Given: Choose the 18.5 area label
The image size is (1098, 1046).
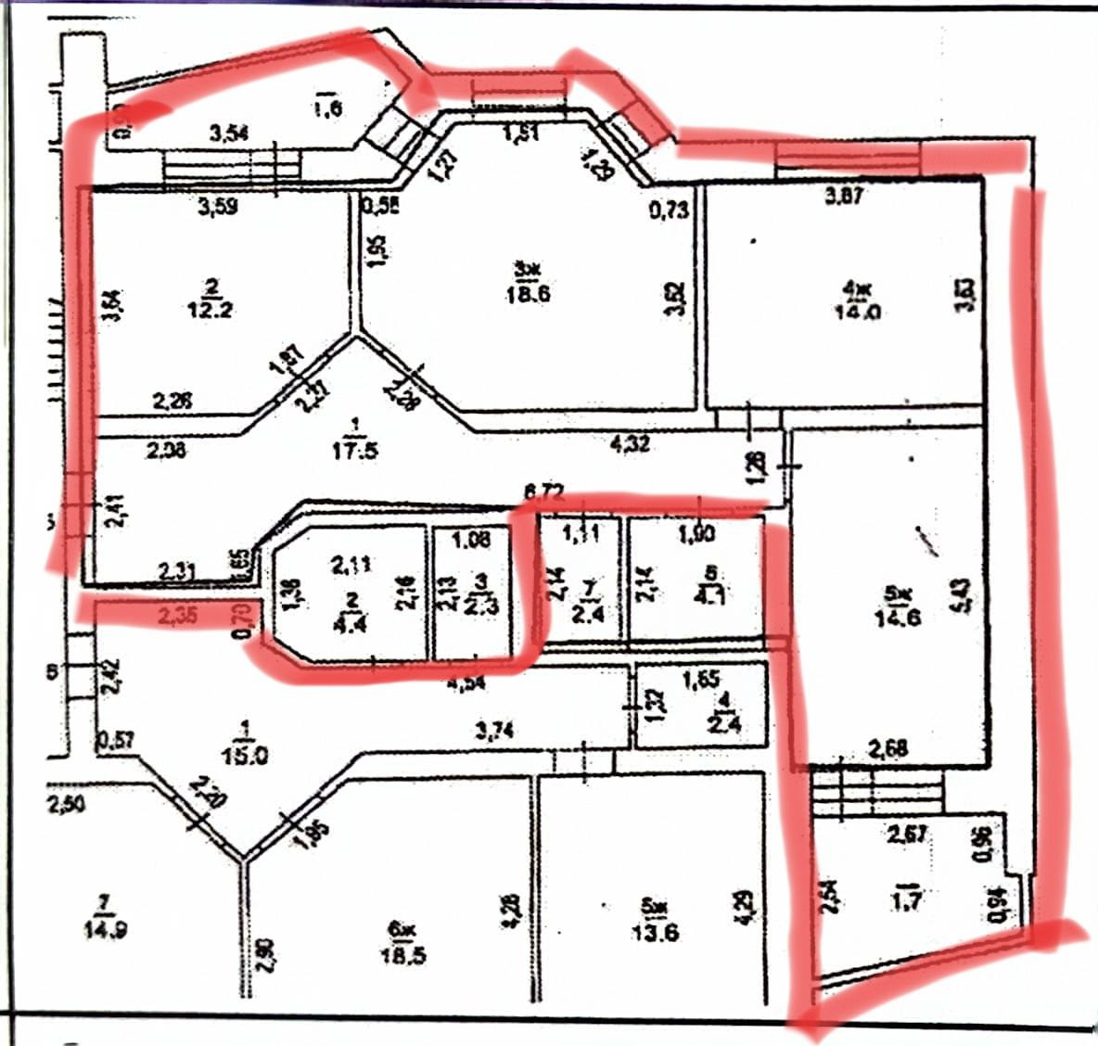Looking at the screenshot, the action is point(403,955).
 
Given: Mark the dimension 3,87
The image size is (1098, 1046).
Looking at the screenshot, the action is point(844,196).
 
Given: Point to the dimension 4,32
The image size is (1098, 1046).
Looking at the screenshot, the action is point(630,444).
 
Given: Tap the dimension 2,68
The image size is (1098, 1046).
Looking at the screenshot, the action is point(887,747).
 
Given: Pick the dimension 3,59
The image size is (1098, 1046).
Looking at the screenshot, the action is point(218,207).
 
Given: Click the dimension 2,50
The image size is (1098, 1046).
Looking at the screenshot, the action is point(66,804).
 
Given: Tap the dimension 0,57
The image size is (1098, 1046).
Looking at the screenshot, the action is point(116,739).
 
